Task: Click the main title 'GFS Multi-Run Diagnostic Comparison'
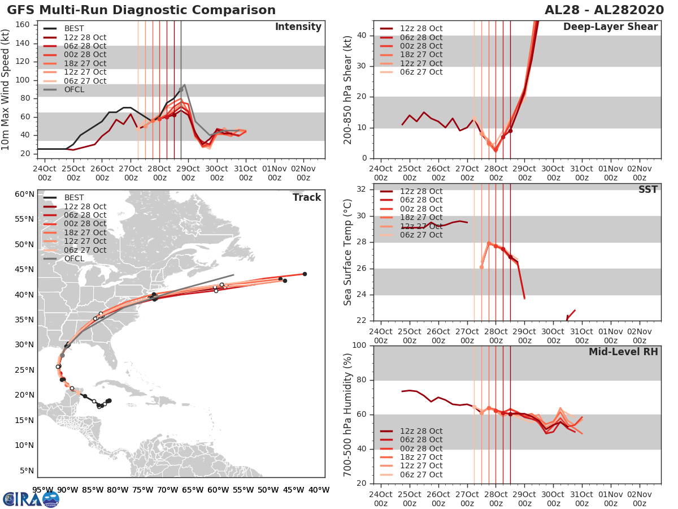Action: (142, 10)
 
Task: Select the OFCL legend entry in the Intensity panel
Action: (74, 89)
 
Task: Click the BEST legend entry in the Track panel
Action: (74, 197)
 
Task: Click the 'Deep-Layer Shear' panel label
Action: (610, 27)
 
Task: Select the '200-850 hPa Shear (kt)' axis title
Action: (348, 89)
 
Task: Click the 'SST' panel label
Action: (647, 189)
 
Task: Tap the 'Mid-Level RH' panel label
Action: (623, 352)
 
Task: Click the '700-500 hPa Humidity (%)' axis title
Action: (348, 414)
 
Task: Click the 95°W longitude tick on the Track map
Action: (42, 490)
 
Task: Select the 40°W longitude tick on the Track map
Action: (319, 490)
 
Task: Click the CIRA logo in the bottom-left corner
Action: (31, 499)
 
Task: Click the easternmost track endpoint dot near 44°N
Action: (305, 274)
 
